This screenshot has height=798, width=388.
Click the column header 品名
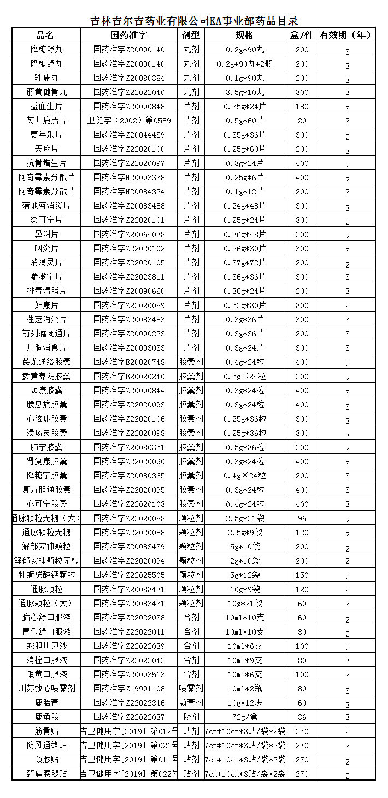(46, 36)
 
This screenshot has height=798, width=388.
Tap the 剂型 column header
(191, 36)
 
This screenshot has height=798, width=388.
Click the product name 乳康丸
(46, 78)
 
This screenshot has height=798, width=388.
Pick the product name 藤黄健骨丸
(46, 92)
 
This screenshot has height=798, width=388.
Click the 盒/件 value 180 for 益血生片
(302, 107)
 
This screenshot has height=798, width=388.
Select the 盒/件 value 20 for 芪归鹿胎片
(302, 121)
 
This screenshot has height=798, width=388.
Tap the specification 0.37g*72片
(244, 263)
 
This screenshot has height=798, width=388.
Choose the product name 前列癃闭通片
(46, 334)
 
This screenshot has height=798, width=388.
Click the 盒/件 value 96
(302, 518)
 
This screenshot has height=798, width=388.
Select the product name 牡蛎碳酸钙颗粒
(46, 575)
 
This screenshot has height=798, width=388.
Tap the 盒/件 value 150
(302, 575)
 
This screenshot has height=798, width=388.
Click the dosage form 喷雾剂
(191, 689)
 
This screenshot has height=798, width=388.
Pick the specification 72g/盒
(244, 717)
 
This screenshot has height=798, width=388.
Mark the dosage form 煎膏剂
(191, 703)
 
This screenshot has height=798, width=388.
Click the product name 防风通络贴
(46, 746)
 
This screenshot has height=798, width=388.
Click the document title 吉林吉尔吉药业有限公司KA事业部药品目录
(194, 21)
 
